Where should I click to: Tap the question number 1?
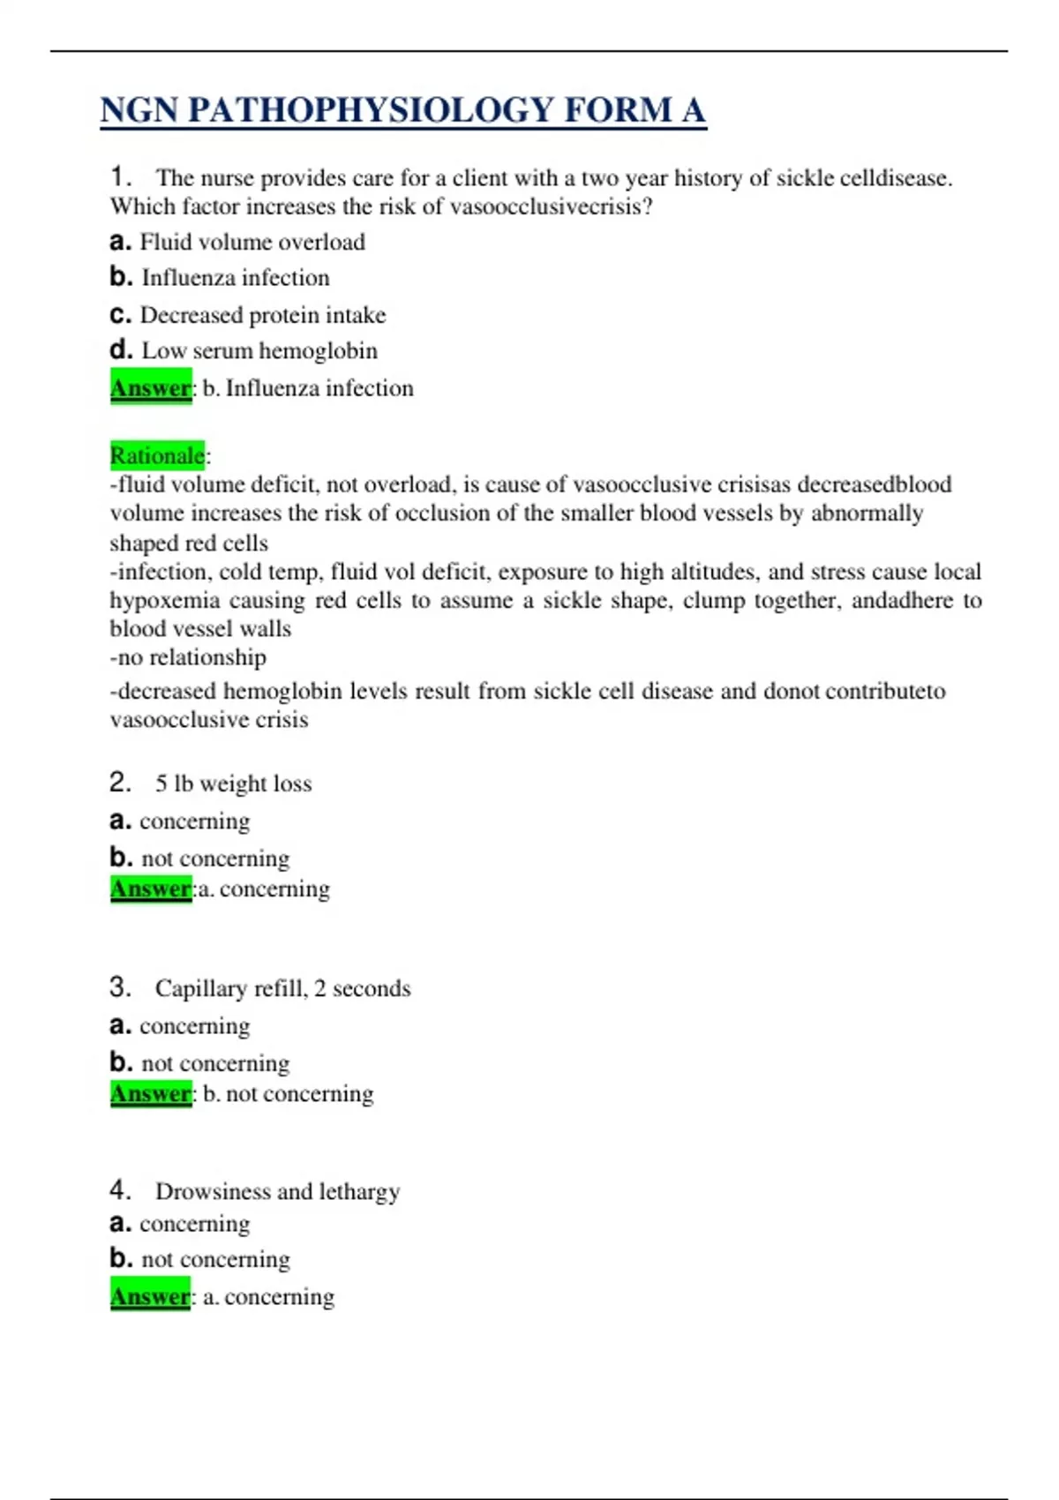120,177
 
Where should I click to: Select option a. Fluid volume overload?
237,242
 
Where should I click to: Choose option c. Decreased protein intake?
248,315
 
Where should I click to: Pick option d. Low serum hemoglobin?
244,350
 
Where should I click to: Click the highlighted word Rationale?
157,455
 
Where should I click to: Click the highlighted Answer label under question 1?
151,388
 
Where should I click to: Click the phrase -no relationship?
188,657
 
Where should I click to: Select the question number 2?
120,783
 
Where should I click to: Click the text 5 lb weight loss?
234,784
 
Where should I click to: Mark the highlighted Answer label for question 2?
151,889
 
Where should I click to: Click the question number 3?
120,987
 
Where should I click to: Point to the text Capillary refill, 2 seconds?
282,988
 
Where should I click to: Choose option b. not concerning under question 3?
200,1062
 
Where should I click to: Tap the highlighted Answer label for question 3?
151,1094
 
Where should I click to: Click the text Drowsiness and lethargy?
277,1191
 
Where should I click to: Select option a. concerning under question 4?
180,1224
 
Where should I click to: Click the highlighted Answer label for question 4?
151,1296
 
